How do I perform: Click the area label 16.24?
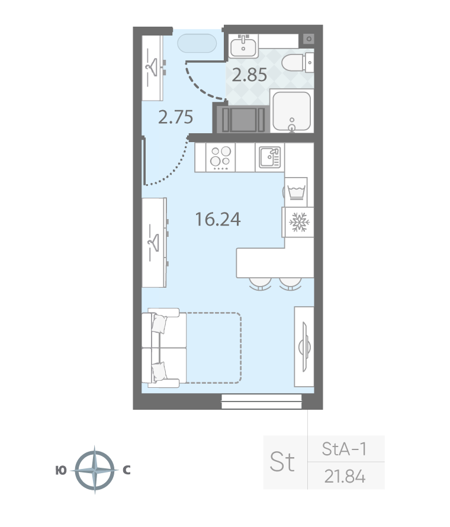tap(218, 219)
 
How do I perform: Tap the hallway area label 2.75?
tap(175, 117)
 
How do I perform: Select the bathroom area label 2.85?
tap(249, 75)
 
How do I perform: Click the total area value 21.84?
tap(345, 476)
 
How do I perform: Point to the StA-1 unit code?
tap(344, 449)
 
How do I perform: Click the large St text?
tap(282, 462)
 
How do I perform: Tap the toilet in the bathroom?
tap(298, 63)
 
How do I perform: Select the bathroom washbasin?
tap(244, 46)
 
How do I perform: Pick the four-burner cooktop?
tap(220, 157)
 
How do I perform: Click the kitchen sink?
tap(269, 157)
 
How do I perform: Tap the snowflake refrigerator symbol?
tap(299, 222)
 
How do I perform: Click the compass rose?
tap(95, 470)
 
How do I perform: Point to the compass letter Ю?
tap(61, 471)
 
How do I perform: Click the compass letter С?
tap(126, 470)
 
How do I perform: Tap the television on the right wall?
tap(305, 347)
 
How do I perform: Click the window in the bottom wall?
tap(262, 401)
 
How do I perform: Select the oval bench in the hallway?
tap(197, 43)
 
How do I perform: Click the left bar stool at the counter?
tap(260, 284)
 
